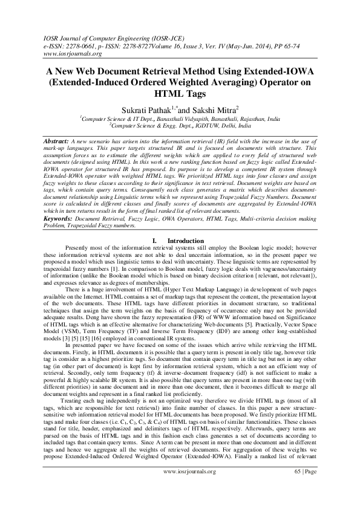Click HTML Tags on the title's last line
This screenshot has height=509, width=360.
(x=180, y=94)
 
